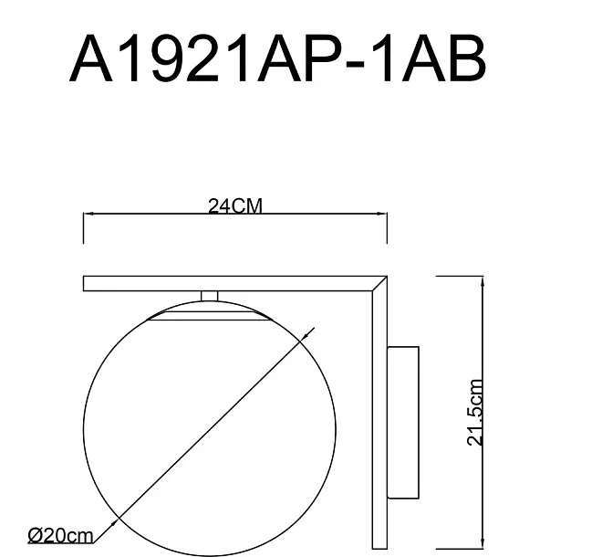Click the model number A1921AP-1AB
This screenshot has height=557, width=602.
pyautogui.click(x=278, y=58)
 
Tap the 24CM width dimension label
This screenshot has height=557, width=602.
pyautogui.click(x=235, y=206)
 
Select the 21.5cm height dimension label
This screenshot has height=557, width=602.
pyautogui.click(x=474, y=412)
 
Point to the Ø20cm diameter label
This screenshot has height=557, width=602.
pyautogui.click(x=61, y=535)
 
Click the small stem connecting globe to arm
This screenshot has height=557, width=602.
pyautogui.click(x=209, y=296)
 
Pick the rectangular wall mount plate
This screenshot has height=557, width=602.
pyautogui.click(x=403, y=423)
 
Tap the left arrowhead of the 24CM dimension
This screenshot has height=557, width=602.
pyautogui.click(x=88, y=214)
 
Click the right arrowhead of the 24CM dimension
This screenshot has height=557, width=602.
pyautogui.click(x=382, y=214)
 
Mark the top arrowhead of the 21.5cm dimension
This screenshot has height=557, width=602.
pyautogui.click(x=483, y=281)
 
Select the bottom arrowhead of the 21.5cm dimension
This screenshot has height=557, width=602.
pyautogui.click(x=483, y=543)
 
